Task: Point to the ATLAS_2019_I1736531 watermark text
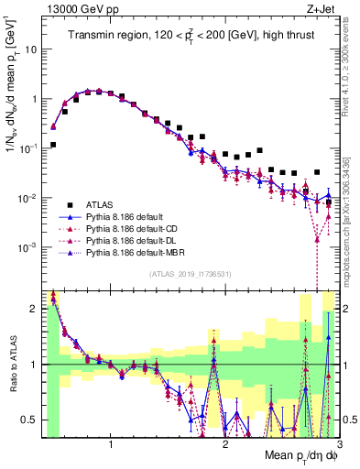tap(190, 273)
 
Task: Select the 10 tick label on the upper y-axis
tap(30, 49)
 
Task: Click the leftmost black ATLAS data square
tap(53, 145)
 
